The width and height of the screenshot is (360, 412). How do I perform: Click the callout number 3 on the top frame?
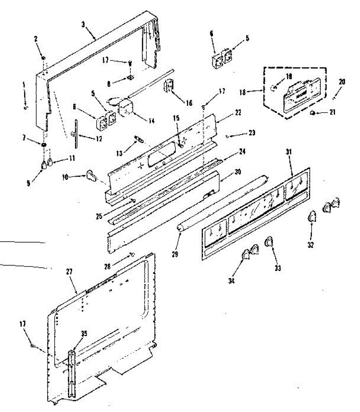(83, 25)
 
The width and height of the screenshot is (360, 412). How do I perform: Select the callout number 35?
(84, 333)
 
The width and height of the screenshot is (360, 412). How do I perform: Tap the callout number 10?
(65, 177)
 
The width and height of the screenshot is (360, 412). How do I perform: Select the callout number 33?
(278, 268)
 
